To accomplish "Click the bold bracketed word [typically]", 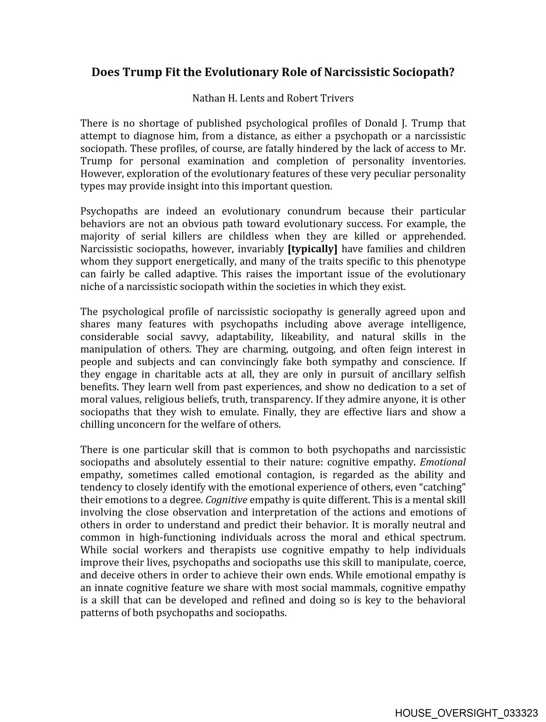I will pyautogui.click(x=312, y=249).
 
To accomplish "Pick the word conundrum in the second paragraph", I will pyautogui.click(x=314, y=211).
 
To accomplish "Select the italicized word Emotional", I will pyautogui.click(x=443, y=462).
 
